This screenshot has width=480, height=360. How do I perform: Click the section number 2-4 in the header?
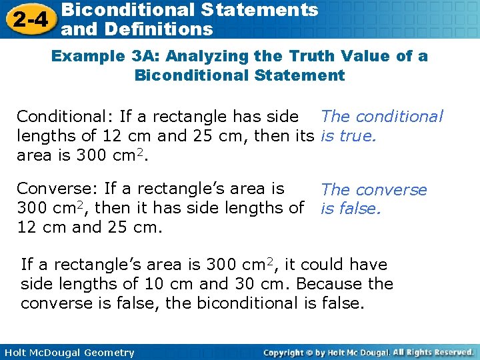(29, 19)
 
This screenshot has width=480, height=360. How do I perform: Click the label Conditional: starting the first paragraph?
(65, 117)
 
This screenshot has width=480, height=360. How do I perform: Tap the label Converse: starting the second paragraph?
(59, 189)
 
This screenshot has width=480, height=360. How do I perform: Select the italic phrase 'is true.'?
(349, 137)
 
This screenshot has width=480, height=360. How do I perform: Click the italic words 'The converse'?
(373, 190)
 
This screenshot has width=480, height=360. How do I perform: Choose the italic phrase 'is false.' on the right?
(351, 209)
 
